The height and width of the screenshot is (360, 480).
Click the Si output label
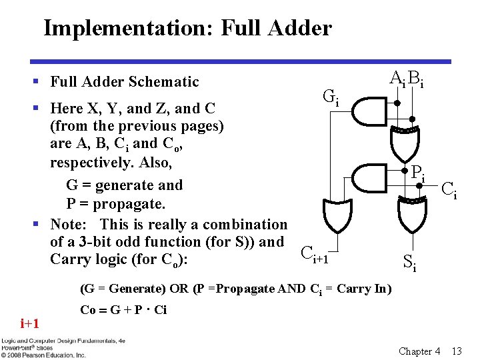pyautogui.click(x=410, y=263)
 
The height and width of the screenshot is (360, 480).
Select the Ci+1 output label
pyautogui.click(x=315, y=253)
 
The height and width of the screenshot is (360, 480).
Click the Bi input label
pyautogui.click(x=417, y=79)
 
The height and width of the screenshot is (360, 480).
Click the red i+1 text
pyautogui.click(x=30, y=324)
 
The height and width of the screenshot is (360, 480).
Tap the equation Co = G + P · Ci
pyautogui.click(x=123, y=310)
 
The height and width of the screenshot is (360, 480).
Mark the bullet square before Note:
pyautogui.click(x=39, y=225)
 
